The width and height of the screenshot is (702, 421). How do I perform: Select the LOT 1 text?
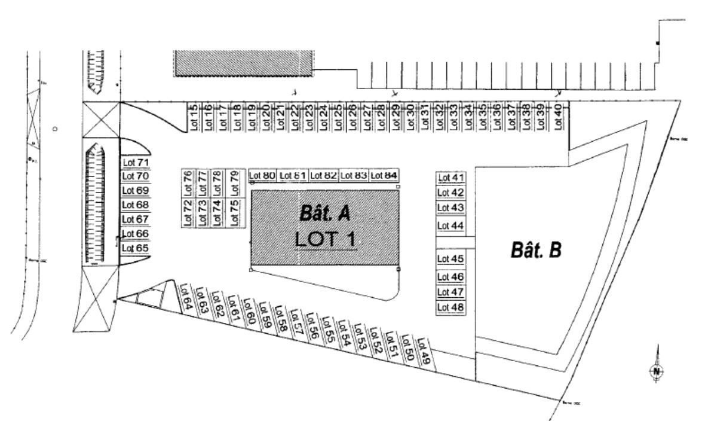click(x=326, y=239)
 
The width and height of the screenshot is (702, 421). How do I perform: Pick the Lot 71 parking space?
click(x=135, y=162)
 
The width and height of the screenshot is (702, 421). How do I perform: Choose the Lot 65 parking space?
click(x=135, y=248)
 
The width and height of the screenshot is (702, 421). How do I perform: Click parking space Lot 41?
click(x=450, y=178)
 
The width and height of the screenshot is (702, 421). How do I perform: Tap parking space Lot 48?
click(x=450, y=307)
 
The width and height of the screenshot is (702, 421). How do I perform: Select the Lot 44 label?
click(x=450, y=225)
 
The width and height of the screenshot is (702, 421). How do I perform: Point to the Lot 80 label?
click(x=262, y=175)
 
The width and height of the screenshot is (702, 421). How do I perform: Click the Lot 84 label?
click(x=384, y=175)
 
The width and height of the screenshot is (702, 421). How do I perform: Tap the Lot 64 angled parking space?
click(x=186, y=295)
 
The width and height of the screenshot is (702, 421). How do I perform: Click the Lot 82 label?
click(x=323, y=175)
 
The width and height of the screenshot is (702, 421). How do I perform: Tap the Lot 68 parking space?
click(x=135, y=205)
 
